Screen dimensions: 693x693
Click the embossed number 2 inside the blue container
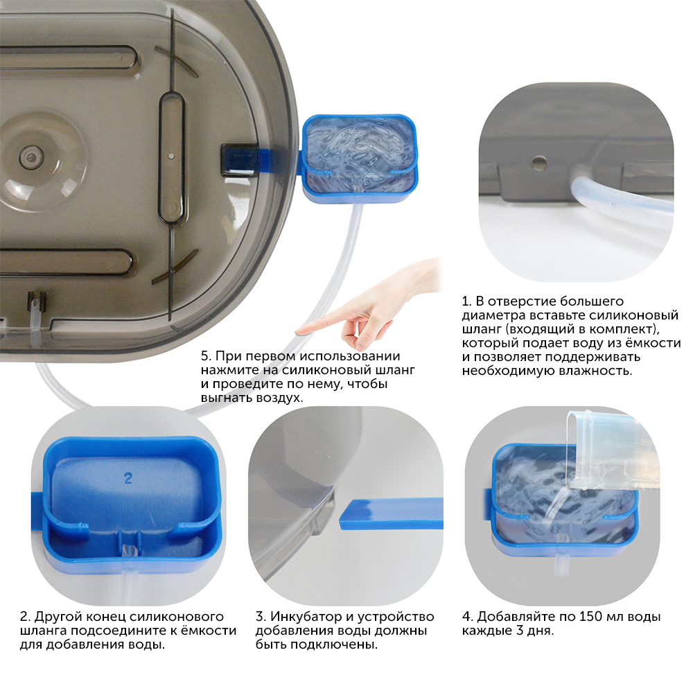click(128, 477)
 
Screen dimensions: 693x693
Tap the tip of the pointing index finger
click(297, 331)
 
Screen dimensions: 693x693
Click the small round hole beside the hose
click(538, 163)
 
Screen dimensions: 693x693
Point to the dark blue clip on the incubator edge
click(239, 159)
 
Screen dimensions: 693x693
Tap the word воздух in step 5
click(279, 398)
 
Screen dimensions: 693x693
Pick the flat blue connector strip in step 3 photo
click(392, 513)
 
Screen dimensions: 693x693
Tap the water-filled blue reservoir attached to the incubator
click(359, 158)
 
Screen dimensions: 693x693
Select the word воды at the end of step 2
click(147, 644)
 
